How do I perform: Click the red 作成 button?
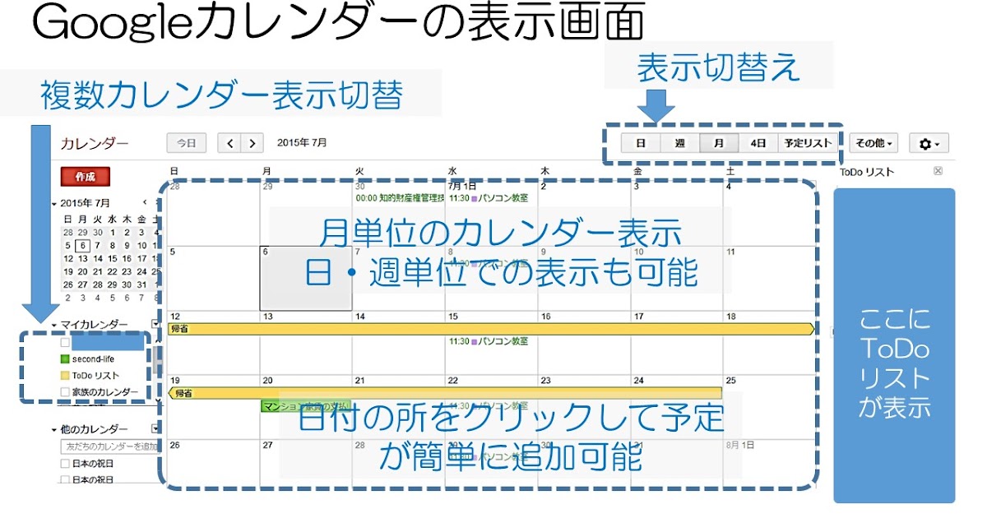tap(86, 177)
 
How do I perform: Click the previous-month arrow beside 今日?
tap(230, 143)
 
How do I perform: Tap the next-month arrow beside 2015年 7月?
tap(253, 143)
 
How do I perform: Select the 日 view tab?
tap(640, 143)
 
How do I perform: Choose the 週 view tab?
tap(679, 143)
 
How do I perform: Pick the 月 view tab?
tap(719, 143)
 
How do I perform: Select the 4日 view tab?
tap(758, 143)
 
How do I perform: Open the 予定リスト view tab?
tap(807, 143)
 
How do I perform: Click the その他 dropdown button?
tap(873, 143)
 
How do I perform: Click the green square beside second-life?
tap(66, 359)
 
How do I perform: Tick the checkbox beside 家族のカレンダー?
tap(66, 392)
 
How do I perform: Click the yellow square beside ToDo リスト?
tap(66, 376)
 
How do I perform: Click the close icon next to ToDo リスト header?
tap(938, 171)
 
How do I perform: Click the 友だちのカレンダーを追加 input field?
tap(109, 446)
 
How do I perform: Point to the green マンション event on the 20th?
tap(304, 405)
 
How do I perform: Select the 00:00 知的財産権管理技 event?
tap(400, 198)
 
